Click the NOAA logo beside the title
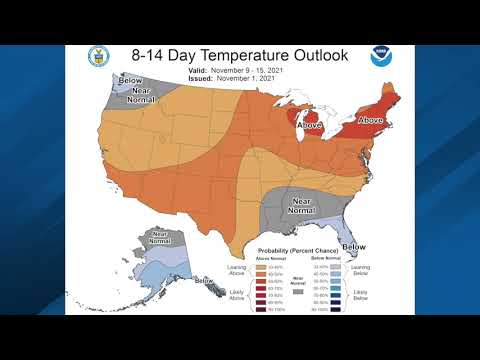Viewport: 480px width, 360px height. (381, 57)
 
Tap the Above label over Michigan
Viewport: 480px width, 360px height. (311, 126)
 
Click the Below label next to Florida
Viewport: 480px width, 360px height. (352, 247)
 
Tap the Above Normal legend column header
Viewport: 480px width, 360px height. (273, 258)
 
